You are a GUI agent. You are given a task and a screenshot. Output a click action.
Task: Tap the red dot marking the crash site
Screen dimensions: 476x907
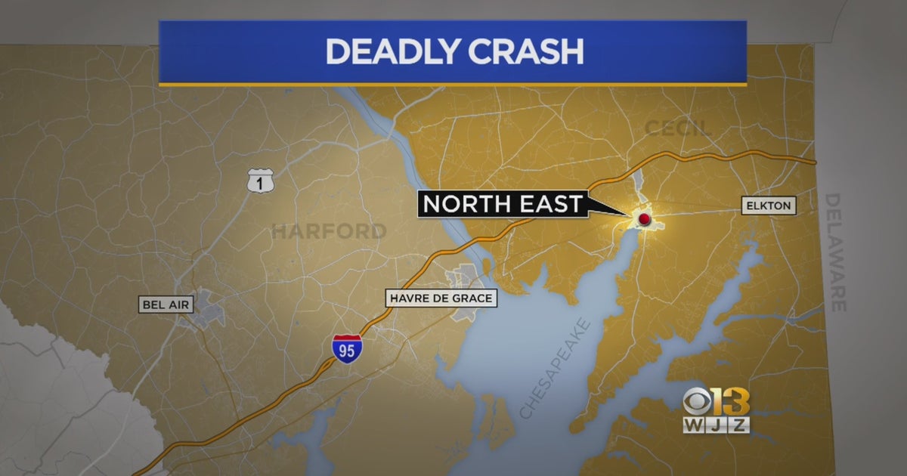point(644,219)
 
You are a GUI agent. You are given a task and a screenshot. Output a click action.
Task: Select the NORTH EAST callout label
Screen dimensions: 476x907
point(503,203)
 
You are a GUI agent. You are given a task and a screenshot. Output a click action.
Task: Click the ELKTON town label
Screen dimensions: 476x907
point(768,206)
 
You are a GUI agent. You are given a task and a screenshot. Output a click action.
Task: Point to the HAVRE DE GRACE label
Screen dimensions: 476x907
point(441,298)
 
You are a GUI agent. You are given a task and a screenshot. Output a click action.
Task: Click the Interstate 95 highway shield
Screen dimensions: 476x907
point(347,349)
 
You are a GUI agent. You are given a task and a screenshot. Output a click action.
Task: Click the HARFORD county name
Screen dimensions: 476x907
point(329,231)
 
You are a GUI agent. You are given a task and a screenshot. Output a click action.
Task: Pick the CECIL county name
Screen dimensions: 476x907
point(678,128)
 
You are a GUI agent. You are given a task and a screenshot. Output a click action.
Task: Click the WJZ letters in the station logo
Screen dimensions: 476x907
point(716,425)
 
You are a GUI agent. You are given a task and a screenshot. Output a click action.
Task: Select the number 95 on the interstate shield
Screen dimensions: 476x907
point(347,352)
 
